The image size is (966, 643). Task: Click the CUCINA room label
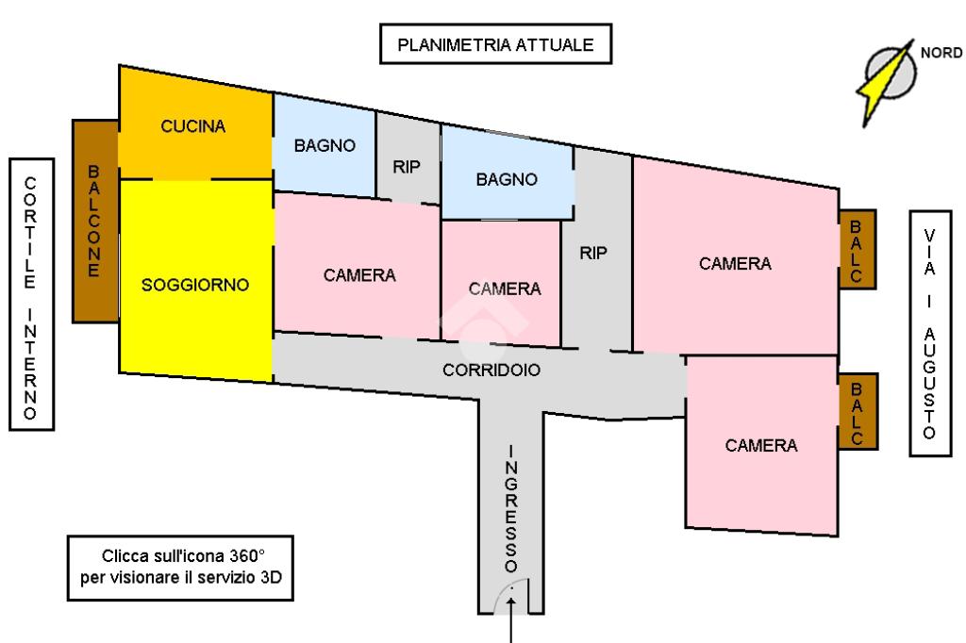(x=192, y=126)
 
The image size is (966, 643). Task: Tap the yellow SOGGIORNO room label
(x=195, y=285)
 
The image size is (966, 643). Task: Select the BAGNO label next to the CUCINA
(x=325, y=145)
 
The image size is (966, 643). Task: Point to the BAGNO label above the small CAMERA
(x=507, y=179)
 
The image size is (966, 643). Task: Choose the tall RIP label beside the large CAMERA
(x=592, y=253)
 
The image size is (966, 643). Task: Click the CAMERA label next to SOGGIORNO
(x=359, y=274)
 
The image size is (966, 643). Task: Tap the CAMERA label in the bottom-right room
(x=761, y=445)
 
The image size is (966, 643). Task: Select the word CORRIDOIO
(x=491, y=370)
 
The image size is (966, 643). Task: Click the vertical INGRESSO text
(x=510, y=509)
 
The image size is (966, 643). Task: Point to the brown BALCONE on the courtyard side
(x=95, y=221)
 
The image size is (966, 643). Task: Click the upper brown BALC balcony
(x=857, y=250)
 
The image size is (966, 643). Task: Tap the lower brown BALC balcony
(x=858, y=411)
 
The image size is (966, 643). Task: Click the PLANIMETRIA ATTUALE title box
(x=495, y=43)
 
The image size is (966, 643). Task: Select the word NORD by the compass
(x=941, y=53)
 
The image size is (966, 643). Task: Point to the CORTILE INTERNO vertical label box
(x=31, y=294)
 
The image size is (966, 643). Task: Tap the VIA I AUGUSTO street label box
(x=930, y=333)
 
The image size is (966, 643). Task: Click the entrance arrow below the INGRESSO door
(x=510, y=619)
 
